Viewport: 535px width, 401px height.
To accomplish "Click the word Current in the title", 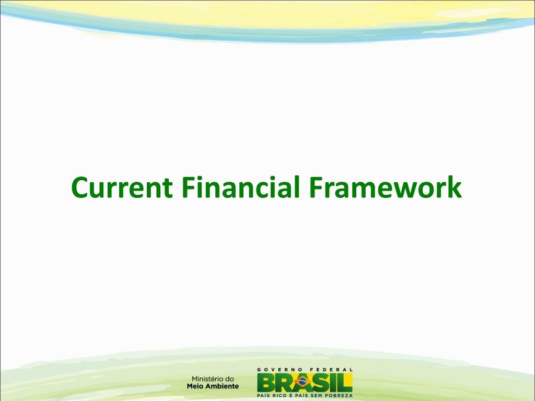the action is (x=122, y=187).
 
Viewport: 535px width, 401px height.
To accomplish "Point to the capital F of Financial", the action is (x=188, y=187).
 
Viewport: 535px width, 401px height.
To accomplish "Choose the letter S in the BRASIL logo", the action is (x=321, y=383).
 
